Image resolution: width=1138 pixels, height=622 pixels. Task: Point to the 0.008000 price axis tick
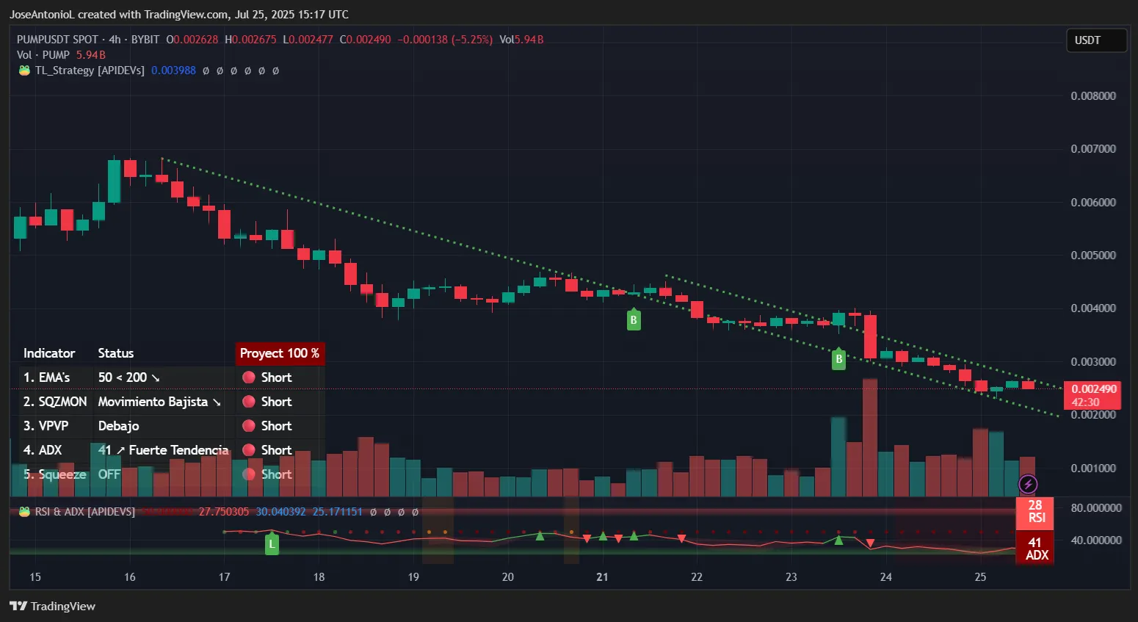coord(1092,96)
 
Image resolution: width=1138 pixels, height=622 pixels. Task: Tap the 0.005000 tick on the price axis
coord(1092,256)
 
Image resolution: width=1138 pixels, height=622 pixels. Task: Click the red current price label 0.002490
coord(1092,389)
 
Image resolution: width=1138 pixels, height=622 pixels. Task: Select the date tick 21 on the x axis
coord(602,577)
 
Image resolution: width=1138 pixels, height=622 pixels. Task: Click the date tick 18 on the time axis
coord(319,577)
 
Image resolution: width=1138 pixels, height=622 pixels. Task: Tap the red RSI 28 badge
coord(1035,512)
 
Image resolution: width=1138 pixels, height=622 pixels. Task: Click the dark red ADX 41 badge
coord(1035,549)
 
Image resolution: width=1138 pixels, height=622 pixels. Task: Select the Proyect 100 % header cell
coord(280,353)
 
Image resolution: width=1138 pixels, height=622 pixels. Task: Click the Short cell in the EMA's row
coord(276,377)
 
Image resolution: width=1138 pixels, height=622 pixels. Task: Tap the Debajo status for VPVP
coord(118,426)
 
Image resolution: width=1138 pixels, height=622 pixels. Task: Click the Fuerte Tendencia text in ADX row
coord(178,450)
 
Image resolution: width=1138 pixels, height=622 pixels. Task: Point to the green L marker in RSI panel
coord(272,544)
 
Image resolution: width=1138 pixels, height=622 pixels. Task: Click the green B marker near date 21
coord(633,320)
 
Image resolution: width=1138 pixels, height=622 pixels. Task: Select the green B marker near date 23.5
coord(838,359)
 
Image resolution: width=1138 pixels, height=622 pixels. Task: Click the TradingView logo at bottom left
coord(53,606)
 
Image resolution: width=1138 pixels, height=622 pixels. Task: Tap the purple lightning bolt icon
coord(1028,484)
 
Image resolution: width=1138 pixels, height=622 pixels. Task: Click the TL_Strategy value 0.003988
coord(173,70)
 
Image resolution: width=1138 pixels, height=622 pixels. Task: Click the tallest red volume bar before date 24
coord(870,438)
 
